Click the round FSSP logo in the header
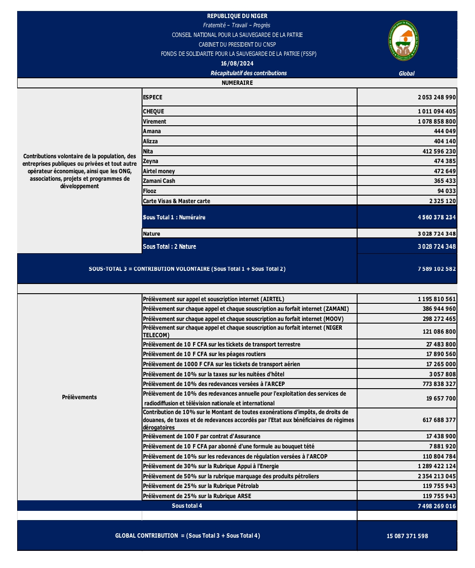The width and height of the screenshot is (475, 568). click(x=403, y=41)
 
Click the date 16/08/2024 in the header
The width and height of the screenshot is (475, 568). click(x=237, y=63)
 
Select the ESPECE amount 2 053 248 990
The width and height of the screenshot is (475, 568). click(x=436, y=97)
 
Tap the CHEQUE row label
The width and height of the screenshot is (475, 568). click(x=153, y=112)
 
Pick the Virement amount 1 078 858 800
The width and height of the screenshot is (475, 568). click(x=436, y=121)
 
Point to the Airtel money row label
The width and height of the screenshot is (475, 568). click(x=159, y=171)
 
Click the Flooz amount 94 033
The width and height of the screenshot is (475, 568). click(x=446, y=191)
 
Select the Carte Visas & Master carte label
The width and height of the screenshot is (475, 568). click(x=176, y=201)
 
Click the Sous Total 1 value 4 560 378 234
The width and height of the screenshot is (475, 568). click(x=436, y=217)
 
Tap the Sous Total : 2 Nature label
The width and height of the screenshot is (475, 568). click(x=169, y=247)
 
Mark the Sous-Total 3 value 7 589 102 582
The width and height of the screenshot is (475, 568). click(x=436, y=269)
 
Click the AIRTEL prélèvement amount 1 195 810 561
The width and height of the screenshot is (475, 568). click(x=436, y=299)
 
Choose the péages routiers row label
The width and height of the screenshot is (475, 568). click(x=204, y=354)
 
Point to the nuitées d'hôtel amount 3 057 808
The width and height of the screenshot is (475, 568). click(x=442, y=374)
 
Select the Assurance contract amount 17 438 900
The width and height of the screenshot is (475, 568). click(x=441, y=436)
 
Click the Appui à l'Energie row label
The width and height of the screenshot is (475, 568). click(x=211, y=466)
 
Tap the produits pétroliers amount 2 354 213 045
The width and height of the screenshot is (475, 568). click(x=436, y=476)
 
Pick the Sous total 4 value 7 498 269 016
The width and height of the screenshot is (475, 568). click(x=436, y=506)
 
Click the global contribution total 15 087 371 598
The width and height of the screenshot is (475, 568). click(x=407, y=536)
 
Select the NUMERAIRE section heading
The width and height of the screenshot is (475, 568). click(x=237, y=83)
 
